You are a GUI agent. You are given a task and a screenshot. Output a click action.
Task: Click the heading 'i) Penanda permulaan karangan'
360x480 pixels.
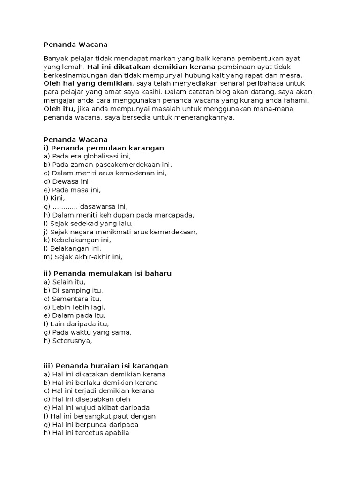click(104, 148)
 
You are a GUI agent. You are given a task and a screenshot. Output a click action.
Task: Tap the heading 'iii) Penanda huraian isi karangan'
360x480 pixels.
click(105, 366)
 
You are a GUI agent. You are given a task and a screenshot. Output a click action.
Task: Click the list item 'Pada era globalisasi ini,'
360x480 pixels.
click(87, 157)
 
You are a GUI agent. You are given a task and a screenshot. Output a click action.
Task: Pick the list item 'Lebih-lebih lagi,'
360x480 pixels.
click(75, 307)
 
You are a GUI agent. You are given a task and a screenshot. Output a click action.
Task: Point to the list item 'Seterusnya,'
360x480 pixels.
click(68, 341)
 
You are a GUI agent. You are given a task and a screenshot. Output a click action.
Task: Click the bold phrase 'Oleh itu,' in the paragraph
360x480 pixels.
click(60, 109)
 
